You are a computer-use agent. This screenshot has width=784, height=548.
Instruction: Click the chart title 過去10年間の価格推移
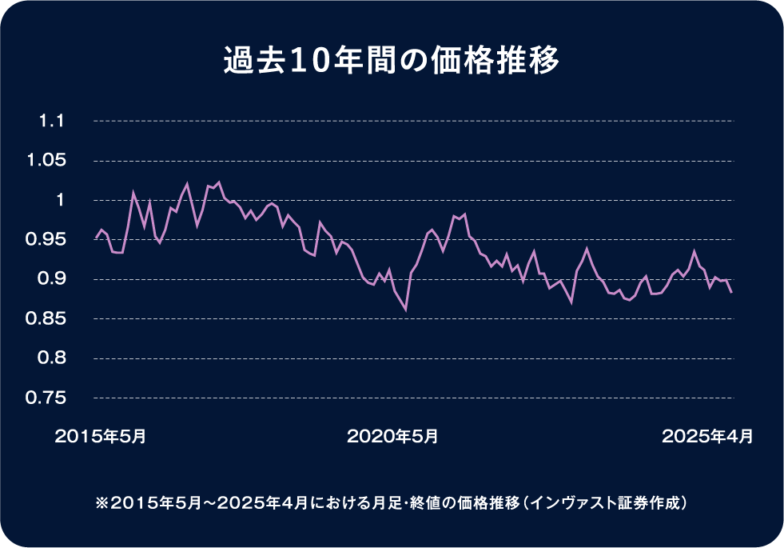392,62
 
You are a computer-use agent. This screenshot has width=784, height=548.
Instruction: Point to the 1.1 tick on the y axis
51,122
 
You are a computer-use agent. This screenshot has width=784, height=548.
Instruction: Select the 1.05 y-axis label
46,161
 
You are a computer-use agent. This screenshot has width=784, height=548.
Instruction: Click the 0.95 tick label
46,239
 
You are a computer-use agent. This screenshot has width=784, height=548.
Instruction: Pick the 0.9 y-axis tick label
50,279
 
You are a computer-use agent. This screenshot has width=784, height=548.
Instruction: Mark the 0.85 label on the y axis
46,318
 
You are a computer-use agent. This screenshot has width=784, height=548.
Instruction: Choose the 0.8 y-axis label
50,358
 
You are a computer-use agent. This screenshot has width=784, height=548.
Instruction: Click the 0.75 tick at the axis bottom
46,398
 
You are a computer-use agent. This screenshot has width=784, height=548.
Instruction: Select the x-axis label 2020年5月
392,437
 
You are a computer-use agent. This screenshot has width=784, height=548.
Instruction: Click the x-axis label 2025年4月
707,437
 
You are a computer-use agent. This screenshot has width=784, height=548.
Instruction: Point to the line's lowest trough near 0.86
405,310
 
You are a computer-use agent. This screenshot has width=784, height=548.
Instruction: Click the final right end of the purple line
731,293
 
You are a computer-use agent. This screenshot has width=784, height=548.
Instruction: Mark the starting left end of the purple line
95,238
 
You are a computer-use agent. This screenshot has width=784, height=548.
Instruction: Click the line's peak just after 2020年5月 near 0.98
464,214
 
